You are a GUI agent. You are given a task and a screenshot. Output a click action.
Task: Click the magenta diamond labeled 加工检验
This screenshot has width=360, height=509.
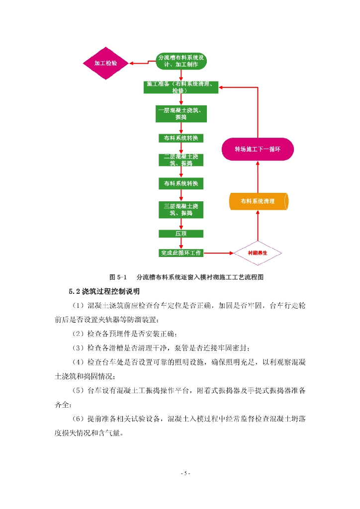tap(106, 63)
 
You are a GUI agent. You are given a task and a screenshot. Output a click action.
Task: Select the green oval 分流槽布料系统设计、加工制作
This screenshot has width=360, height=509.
tap(181, 61)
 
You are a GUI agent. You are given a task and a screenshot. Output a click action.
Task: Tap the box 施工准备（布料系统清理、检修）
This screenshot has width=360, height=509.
tap(181, 87)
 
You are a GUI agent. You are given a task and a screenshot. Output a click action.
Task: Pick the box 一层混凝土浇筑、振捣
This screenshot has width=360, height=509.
tap(181, 114)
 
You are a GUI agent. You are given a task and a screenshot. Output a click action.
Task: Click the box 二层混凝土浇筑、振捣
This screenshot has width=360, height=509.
tap(181, 160)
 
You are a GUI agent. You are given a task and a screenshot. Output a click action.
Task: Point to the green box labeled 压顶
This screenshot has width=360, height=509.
tap(181, 234)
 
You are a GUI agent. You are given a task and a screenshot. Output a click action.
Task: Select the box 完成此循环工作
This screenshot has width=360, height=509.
tap(181, 253)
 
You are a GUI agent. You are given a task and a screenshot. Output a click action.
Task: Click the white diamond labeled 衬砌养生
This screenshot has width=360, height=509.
tap(258, 253)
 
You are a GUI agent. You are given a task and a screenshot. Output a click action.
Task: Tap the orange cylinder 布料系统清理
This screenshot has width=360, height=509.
tap(258, 201)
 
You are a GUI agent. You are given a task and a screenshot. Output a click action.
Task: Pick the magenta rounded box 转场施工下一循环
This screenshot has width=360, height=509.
tap(258, 149)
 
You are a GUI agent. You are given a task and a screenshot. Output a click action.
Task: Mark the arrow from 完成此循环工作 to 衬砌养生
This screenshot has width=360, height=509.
tap(219, 253)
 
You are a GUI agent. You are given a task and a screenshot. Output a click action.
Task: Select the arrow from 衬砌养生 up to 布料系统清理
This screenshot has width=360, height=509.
tap(258, 226)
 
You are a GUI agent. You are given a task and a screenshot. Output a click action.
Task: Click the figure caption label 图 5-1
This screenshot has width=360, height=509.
tap(118, 277)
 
